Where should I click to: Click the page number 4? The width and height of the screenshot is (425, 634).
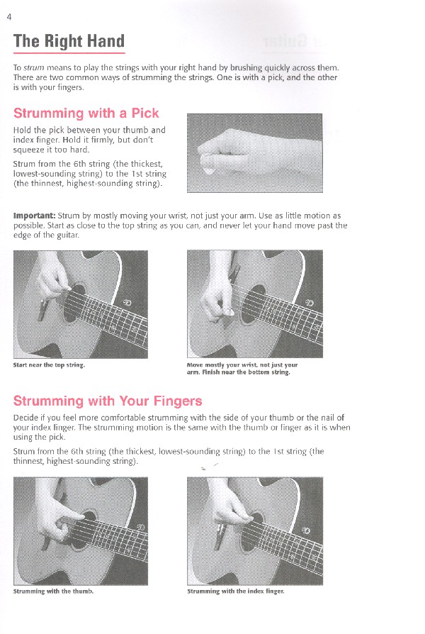[x=8, y=18]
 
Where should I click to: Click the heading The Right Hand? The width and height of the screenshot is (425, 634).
[x=69, y=41]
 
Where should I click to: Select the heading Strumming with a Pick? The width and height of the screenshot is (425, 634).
[x=86, y=113]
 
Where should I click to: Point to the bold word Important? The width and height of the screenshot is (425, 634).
[x=34, y=216]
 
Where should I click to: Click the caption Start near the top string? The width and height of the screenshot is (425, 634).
[x=49, y=365]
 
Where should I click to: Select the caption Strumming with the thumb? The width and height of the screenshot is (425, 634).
[x=53, y=590]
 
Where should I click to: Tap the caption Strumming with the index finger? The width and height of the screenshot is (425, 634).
[x=235, y=590]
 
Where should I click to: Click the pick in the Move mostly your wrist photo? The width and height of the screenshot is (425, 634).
[x=229, y=313]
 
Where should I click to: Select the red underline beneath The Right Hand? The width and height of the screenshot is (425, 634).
[x=69, y=54]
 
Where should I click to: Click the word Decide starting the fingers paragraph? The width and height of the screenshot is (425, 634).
[x=25, y=418]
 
